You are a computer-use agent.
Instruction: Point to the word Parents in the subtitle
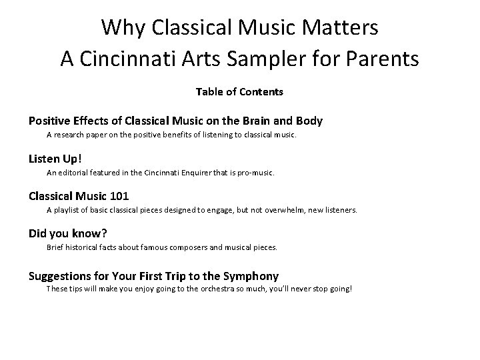tap(381, 59)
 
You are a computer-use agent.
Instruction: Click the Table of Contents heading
tap(239, 91)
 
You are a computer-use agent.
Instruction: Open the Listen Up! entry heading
tap(55, 159)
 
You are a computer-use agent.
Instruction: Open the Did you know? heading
tap(67, 233)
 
